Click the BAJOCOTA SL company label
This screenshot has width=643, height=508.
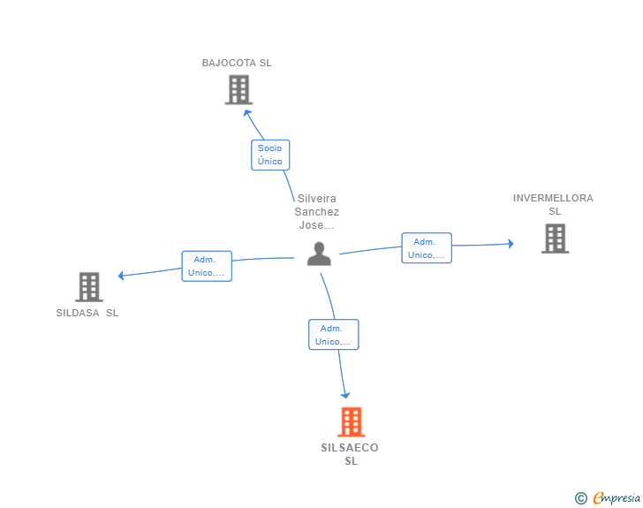click(237, 63)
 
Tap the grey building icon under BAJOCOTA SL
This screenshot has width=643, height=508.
click(238, 90)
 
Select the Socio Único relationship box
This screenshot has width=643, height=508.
click(270, 155)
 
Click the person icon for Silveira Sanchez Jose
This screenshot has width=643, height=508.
click(319, 254)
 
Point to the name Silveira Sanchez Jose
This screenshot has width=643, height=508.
click(316, 212)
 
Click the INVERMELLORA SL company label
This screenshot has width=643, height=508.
click(554, 204)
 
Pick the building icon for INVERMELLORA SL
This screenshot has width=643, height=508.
click(555, 239)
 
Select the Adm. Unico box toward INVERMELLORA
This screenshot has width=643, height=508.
click(427, 248)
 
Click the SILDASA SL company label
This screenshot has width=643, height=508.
click(87, 313)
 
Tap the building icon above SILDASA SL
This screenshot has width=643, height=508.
click(89, 287)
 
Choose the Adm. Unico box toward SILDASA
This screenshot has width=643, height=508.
click(207, 266)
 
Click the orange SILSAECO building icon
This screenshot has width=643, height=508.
click(352, 422)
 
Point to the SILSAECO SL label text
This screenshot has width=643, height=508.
click(351, 454)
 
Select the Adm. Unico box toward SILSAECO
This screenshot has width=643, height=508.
click(334, 335)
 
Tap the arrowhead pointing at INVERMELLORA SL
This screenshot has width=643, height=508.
click(510, 243)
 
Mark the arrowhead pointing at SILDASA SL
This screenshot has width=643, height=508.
click(122, 276)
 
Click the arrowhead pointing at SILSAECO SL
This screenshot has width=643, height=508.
click(345, 395)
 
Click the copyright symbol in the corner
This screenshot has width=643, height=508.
click(580, 498)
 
